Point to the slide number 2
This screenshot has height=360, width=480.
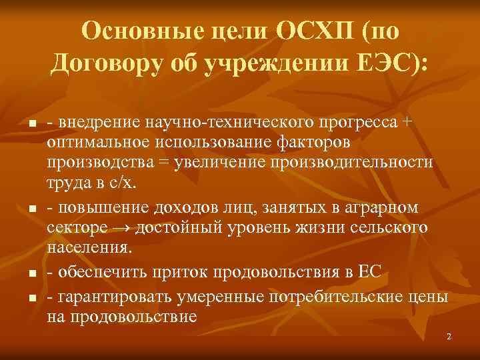point(449,337)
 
